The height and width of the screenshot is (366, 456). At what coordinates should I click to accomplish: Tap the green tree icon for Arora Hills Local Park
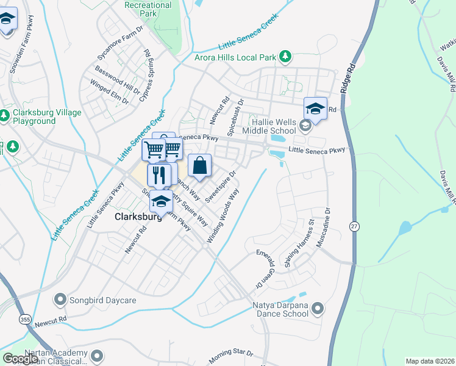pyautogui.click(x=285, y=57)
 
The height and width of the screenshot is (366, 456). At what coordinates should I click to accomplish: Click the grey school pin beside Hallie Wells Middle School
pyautogui.click(x=305, y=126)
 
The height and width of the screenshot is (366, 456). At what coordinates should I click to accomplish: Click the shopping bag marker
pyautogui.click(x=199, y=166)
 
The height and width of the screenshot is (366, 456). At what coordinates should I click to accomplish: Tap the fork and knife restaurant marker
pyautogui.click(x=159, y=174)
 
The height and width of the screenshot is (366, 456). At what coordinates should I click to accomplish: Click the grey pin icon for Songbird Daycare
pyautogui.click(x=60, y=300)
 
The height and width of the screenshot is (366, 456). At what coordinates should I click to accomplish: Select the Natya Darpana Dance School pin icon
pyautogui.click(x=316, y=309)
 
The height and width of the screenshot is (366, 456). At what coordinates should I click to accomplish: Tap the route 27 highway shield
pyautogui.click(x=354, y=226)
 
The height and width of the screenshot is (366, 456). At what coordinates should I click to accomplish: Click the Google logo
pyautogui.click(x=21, y=359)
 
